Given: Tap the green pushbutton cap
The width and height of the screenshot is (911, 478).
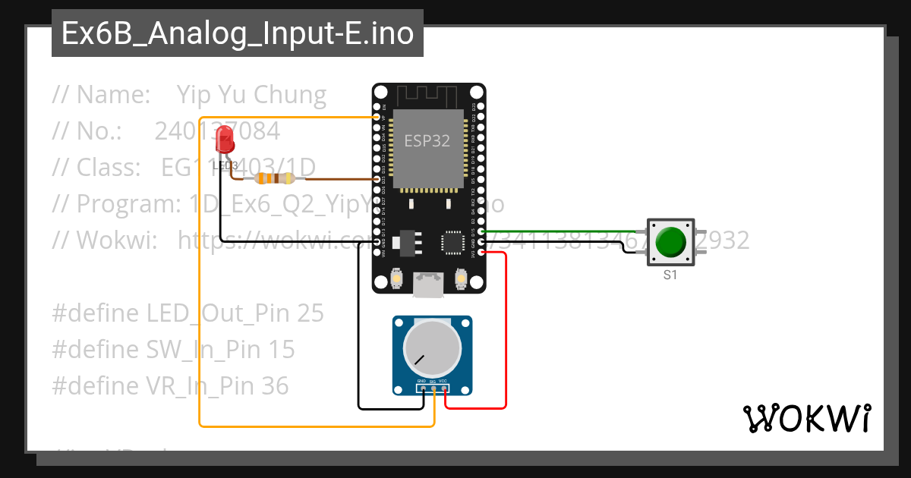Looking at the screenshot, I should [x=670, y=242].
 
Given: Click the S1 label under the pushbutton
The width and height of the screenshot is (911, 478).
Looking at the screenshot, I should [x=670, y=275].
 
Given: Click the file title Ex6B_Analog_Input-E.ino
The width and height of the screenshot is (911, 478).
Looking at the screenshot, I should [x=238, y=34].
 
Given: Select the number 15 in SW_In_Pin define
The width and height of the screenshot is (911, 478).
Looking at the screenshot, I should [x=281, y=349].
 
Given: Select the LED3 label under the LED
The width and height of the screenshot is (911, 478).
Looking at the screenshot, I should [x=225, y=165].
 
